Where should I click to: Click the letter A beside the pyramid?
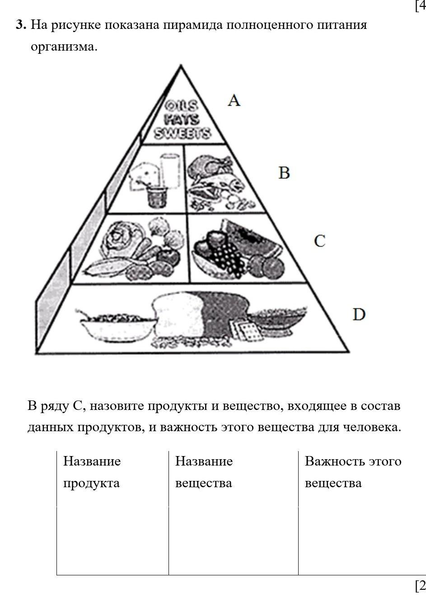234,100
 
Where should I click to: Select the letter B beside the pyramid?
284,173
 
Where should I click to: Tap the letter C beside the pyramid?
319,241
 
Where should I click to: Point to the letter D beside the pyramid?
359,314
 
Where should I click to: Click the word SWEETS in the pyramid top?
183,134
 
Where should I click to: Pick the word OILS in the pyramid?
181,107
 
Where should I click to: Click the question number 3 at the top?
20,25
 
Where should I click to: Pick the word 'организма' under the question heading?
64,47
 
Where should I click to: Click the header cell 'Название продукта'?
92,472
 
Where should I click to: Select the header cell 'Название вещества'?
204,472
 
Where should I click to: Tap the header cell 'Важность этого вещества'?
353,472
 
